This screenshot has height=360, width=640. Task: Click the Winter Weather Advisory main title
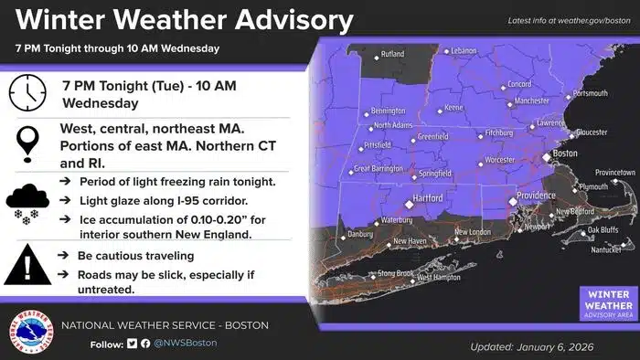pyautogui.click(x=179, y=20)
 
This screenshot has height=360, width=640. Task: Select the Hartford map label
pyautogui.click(x=426, y=198)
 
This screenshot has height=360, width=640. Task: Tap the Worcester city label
pyautogui.click(x=499, y=160)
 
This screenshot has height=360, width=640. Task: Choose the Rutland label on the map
pyautogui.click(x=391, y=55)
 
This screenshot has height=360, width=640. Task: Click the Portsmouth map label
pyautogui.click(x=589, y=93)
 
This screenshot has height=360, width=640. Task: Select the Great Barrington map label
pyautogui.click(x=380, y=169)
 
